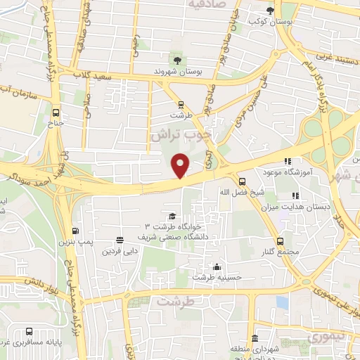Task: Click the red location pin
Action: coord(181,166)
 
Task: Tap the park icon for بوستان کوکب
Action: coord(271,11)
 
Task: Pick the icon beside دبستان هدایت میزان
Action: coord(296,195)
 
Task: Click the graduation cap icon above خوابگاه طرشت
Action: coord(172,216)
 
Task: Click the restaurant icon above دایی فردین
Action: coord(120,240)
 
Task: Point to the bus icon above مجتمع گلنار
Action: coord(281,241)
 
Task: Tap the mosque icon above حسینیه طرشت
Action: coord(217,266)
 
